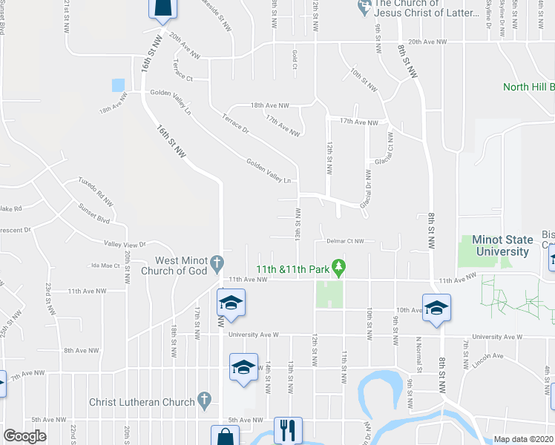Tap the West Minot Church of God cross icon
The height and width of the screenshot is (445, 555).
[217, 263]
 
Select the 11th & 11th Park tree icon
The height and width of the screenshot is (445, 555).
[338, 266]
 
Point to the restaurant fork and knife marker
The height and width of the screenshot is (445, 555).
[286, 429]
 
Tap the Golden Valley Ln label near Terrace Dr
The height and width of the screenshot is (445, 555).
[268, 170]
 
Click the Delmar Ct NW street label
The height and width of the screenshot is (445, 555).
[344, 241]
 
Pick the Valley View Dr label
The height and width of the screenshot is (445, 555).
[125, 244]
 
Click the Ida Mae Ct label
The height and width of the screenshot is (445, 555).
[105, 265]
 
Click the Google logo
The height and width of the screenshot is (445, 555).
[24, 436]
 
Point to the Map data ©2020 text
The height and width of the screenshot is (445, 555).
[523, 439]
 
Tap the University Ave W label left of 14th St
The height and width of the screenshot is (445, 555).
[253, 334]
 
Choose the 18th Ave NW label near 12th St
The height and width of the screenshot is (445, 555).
[269, 106]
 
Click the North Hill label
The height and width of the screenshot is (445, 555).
[528, 87]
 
